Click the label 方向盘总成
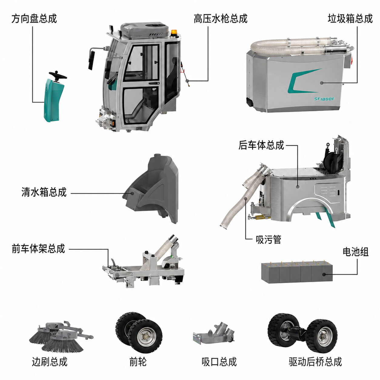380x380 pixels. tap(34, 19)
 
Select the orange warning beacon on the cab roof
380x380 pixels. tap(174, 32)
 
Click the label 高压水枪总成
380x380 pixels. tap(220, 19)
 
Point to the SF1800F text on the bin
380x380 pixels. tap(324, 99)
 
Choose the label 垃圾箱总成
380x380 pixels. tap(350, 19)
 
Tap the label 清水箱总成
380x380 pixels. tap(44, 192)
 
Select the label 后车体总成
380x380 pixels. tap(261, 145)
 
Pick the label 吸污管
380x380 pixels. tap(268, 240)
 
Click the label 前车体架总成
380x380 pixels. tap(38, 248)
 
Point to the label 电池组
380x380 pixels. tap(355, 252)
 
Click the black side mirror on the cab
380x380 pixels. tap(92, 60)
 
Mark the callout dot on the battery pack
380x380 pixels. tap(324, 274)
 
